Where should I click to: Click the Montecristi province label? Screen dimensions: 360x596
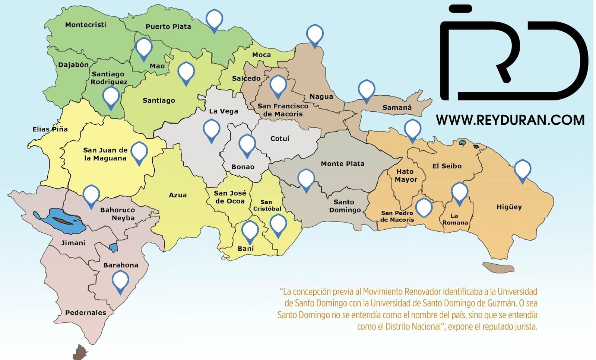pyautogui.click(x=86, y=25)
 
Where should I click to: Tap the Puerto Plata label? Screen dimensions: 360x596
pyautogui.click(x=168, y=27)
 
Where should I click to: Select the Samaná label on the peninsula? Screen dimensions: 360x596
pyautogui.click(x=397, y=108)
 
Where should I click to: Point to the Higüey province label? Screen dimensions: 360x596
pyautogui.click(x=509, y=207)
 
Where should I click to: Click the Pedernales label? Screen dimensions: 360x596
pyautogui.click(x=86, y=313)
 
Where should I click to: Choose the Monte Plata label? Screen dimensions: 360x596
pyautogui.click(x=342, y=164)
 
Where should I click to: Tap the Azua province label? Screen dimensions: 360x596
pyautogui.click(x=178, y=195)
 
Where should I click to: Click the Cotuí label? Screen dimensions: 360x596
pyautogui.click(x=280, y=138)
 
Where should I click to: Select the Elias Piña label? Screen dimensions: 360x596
pyautogui.click(x=50, y=130)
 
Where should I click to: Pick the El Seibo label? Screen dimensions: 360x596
pyautogui.click(x=447, y=166)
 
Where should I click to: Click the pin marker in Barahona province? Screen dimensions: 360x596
pyautogui.click(x=120, y=281)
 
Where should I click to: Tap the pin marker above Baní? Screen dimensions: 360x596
pyautogui.click(x=250, y=230)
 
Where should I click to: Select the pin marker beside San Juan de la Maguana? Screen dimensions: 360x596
pyautogui.click(x=139, y=152)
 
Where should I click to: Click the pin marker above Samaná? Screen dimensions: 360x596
pyautogui.click(x=366, y=90)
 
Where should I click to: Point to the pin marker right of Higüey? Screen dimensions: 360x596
pyautogui.click(x=522, y=169)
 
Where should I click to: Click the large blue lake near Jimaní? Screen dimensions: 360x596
pyautogui.click(x=60, y=220)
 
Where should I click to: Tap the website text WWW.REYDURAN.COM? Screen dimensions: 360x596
pyautogui.click(x=510, y=120)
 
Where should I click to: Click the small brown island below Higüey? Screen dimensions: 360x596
pyautogui.click(x=498, y=267)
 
